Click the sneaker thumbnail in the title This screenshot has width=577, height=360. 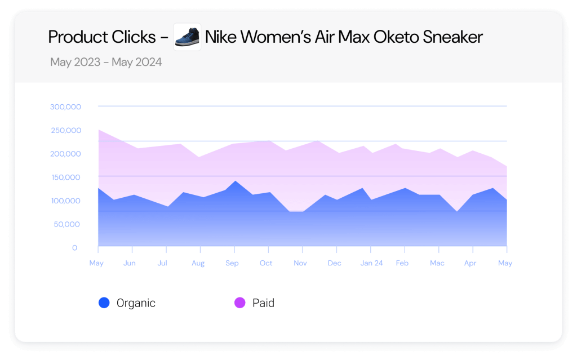(187, 37)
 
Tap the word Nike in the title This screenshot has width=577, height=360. (221, 37)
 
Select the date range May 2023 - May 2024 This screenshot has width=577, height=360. (106, 62)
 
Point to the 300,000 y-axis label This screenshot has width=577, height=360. (65, 106)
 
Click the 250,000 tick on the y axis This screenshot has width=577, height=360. (65, 130)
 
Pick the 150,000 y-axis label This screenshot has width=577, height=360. (65, 177)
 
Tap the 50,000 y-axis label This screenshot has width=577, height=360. (68, 224)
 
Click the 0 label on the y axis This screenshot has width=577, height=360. (74, 248)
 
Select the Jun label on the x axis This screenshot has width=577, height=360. (130, 263)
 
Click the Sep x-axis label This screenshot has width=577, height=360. (232, 263)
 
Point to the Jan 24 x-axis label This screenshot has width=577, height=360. (371, 263)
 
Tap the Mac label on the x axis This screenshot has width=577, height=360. (437, 263)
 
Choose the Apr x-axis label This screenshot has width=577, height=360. (470, 263)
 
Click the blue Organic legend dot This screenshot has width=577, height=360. (104, 303)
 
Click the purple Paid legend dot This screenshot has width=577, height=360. (240, 303)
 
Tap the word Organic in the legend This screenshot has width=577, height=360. (136, 303)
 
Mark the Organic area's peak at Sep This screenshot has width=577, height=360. (234, 181)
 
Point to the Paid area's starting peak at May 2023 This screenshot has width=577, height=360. (99, 130)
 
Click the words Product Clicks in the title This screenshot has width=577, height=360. (101, 37)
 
